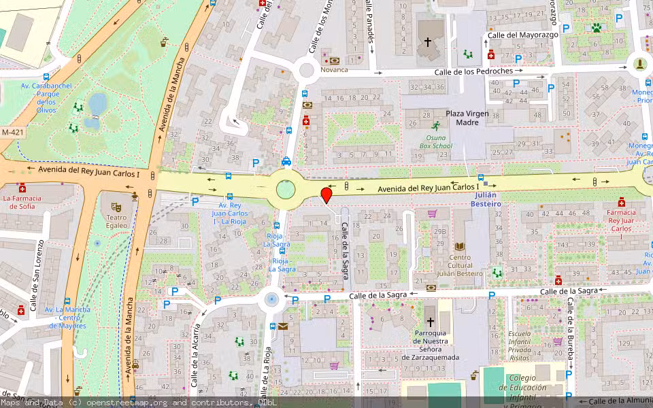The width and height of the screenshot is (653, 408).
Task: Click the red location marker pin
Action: click(326, 195)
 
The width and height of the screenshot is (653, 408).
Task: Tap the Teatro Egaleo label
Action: click(116, 222)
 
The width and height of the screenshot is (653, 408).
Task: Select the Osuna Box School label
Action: click(435, 141)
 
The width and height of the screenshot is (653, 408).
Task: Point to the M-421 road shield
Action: click(12, 132)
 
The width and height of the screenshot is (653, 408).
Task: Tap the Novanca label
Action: click(334, 69)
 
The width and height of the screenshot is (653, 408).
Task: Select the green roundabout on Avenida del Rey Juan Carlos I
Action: click(286, 188)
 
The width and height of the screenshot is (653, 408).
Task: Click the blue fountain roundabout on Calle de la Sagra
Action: click(272, 298)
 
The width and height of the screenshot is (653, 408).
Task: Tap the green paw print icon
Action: click(597, 28)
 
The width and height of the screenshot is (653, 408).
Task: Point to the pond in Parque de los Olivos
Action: click(97, 104)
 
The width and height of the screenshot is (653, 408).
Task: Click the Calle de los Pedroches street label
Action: click(473, 71)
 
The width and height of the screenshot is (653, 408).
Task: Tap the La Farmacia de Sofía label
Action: click(22, 202)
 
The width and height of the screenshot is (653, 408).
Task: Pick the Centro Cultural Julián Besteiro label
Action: click(460, 265)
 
